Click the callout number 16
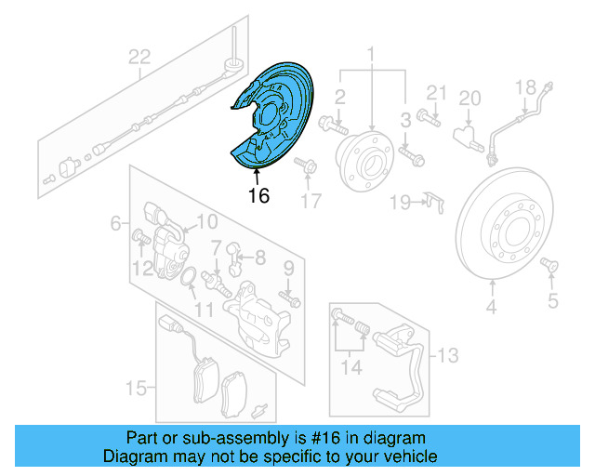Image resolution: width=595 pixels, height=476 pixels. point(258,196)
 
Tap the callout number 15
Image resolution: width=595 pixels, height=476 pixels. point(136,387)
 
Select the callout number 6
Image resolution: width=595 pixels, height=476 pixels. point(116,223)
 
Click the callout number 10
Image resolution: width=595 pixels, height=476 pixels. point(206,221)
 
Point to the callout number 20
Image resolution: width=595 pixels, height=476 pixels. point(469,98)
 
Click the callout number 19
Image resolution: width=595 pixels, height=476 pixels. point(400,202)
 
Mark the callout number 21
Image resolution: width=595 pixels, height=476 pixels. point(437,91)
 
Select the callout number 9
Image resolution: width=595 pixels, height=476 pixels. point(288,269)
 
